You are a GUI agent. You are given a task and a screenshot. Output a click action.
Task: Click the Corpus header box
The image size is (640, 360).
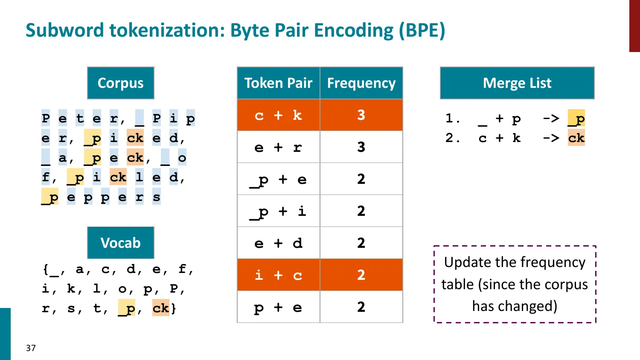pyautogui.click(x=120, y=83)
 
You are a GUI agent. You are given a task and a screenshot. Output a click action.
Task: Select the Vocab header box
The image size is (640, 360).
pyautogui.click(x=120, y=243)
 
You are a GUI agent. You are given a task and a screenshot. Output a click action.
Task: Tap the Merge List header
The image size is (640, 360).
pyautogui.click(x=517, y=83)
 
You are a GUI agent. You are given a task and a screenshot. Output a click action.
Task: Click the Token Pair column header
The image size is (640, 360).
pyautogui.click(x=278, y=83)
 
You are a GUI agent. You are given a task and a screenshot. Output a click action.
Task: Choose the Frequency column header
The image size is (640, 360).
pyautogui.click(x=361, y=83)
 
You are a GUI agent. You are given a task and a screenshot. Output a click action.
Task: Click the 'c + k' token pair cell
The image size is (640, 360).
pyautogui.click(x=278, y=115)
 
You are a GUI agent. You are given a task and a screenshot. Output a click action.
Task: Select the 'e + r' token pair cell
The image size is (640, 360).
pyautogui.click(x=278, y=147)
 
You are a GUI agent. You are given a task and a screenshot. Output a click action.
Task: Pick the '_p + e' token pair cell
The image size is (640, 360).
pyautogui.click(x=278, y=179)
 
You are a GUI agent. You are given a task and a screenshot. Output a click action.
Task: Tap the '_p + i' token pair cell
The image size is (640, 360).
pyautogui.click(x=278, y=211)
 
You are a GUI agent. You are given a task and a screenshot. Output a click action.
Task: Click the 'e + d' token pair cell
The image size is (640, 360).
pyautogui.click(x=278, y=243)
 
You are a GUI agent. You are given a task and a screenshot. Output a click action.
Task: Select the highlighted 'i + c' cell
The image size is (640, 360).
pyautogui.click(x=278, y=275)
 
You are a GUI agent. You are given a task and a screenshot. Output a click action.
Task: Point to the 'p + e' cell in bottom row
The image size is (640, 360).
pyautogui.click(x=278, y=307)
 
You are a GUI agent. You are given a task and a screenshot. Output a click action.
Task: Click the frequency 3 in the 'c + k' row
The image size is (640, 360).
pyautogui.click(x=361, y=115)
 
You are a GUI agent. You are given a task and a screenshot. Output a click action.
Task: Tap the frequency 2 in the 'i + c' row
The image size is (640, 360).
pyautogui.click(x=361, y=275)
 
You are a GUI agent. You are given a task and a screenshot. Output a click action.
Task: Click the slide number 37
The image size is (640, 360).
pyautogui.click(x=31, y=348)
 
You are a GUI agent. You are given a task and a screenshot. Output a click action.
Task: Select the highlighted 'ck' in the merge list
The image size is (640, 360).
pyautogui.click(x=576, y=138)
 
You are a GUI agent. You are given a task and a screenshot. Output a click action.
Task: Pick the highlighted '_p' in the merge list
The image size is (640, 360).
pyautogui.click(x=576, y=119)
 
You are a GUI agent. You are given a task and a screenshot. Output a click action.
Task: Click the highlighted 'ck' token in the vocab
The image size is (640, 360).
pyautogui.click(x=161, y=308)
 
